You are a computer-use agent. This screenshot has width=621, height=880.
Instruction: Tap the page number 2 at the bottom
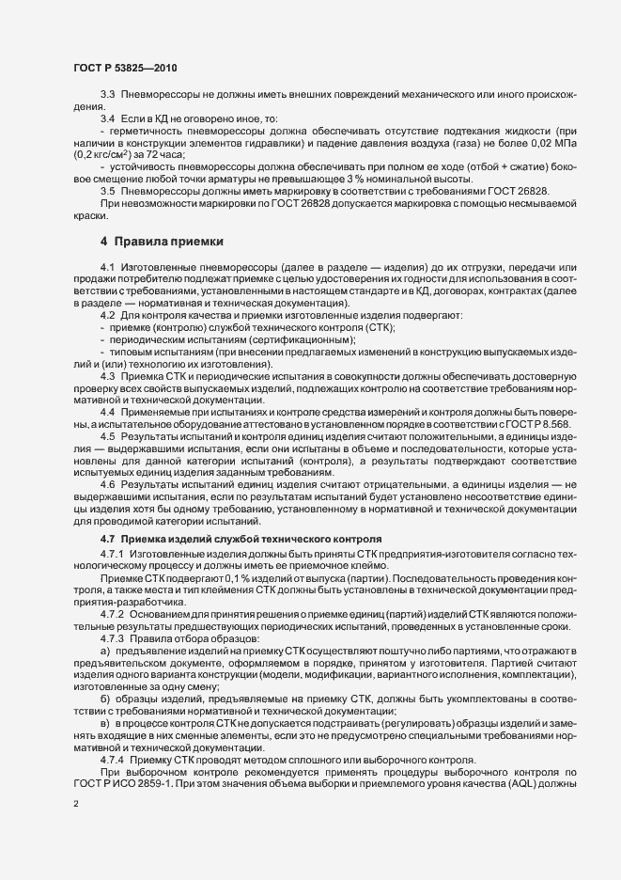(x=76, y=806)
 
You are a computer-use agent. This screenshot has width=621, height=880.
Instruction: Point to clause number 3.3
(x=107, y=96)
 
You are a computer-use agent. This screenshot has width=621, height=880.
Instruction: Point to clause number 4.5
(x=107, y=437)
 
